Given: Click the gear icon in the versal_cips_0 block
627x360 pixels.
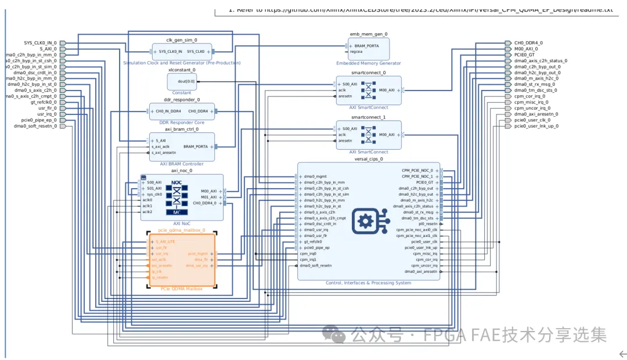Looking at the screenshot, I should tap(366, 221).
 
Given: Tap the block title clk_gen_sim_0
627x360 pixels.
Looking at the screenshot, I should tap(182, 40).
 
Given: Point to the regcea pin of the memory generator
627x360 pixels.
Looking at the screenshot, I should tap(357, 52).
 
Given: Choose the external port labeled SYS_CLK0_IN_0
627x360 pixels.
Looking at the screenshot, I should tap(40, 42).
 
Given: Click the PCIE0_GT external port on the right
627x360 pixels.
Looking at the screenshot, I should tap(524, 55).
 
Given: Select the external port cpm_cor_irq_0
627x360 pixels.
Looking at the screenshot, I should tap(529, 96).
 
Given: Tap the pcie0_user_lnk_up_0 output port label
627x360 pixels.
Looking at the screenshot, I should tap(536, 125).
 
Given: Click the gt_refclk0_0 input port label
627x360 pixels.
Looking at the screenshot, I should tap(44, 102).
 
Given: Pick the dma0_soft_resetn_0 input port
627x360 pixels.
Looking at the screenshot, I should tap(35, 126).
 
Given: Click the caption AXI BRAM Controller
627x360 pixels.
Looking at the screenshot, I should tap(182, 164).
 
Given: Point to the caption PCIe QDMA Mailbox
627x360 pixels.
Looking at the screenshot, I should tap(182, 289).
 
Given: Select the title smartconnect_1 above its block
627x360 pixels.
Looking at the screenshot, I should tap(369, 117).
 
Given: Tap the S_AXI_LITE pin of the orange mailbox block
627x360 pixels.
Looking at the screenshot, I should tap(165, 242).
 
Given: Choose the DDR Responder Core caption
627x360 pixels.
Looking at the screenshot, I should tap(182, 123).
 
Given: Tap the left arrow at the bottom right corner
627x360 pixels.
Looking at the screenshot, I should tap(622, 353).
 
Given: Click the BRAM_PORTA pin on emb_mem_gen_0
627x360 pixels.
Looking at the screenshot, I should tap(366, 45).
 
